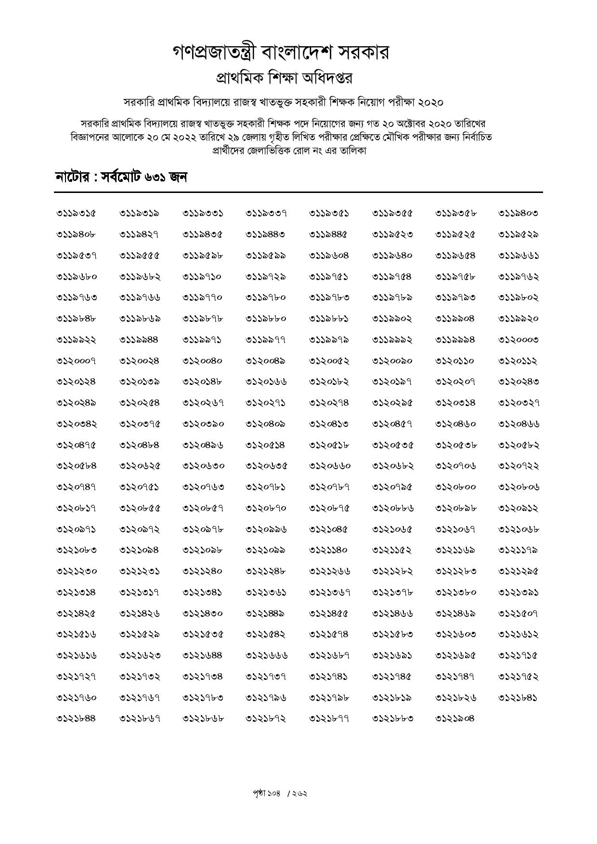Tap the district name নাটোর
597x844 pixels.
[72, 178]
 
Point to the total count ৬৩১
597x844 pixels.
[155, 178]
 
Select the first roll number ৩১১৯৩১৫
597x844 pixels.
[77, 213]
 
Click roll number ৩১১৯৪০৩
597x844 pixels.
[518, 213]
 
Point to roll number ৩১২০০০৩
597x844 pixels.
[518, 340]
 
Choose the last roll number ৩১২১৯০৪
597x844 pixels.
[455, 718]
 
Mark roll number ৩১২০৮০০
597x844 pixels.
[455, 487]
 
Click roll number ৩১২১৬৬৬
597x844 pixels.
[266, 655]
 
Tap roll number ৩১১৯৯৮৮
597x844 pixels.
[139, 340]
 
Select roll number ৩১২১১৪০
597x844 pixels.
[329, 550]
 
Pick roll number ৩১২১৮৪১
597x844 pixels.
[518, 698]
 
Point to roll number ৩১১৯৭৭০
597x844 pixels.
[203, 297]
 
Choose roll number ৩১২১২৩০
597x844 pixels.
[77, 571]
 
